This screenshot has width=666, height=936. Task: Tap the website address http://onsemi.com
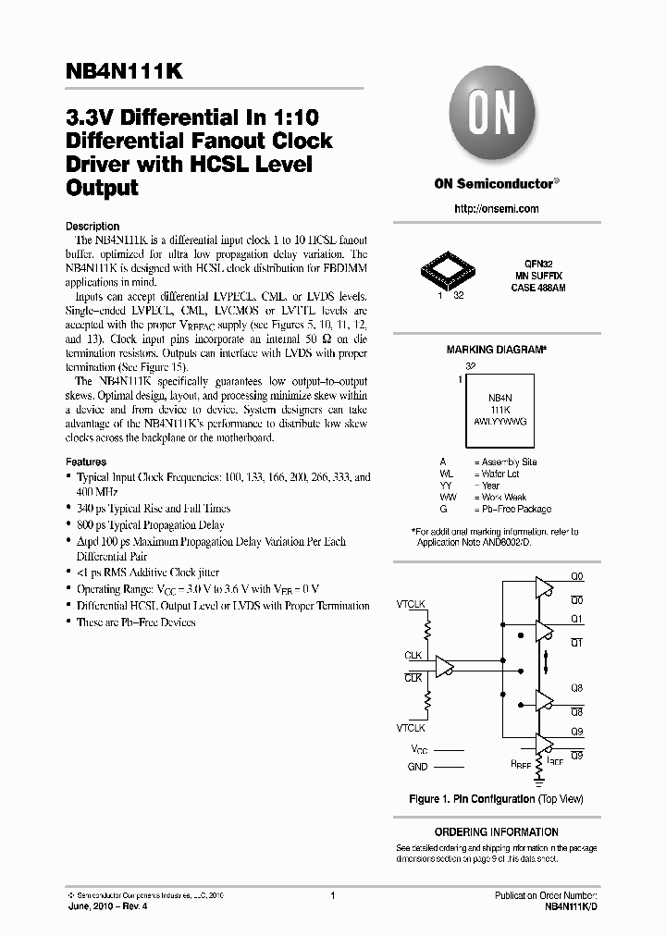pos(497,209)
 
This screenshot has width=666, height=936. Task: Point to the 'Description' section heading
pos(92,226)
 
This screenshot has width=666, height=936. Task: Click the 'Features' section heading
pos(86,462)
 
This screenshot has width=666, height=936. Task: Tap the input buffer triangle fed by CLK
pos(445,666)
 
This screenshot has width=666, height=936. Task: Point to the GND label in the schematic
pos(417,767)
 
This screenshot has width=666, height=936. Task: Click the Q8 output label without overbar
pos(576,687)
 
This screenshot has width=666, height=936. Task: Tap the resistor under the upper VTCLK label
pos(427,630)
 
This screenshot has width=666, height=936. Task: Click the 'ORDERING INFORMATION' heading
pos(496,832)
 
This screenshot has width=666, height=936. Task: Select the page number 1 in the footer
pos(331,895)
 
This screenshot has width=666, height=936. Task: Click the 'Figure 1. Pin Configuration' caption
pos(496,798)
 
